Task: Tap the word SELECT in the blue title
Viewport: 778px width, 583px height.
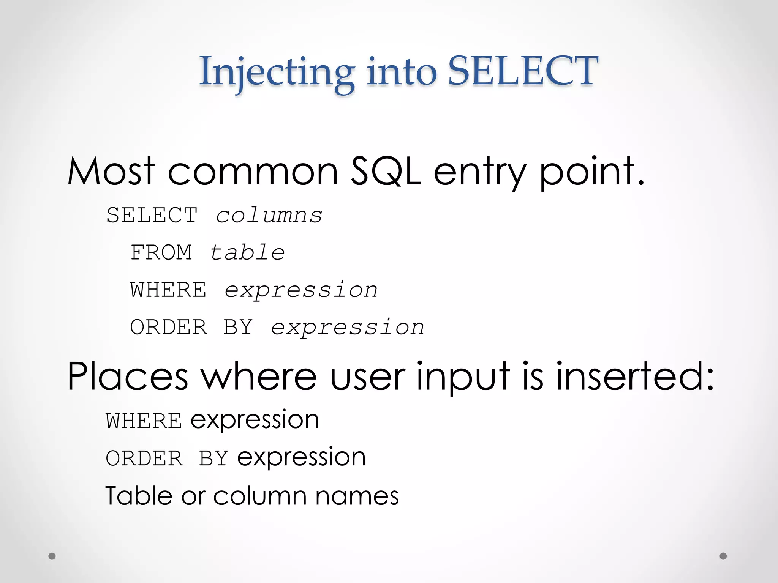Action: click(523, 71)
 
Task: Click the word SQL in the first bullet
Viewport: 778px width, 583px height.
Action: click(385, 172)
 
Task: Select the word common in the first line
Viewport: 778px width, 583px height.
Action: click(253, 172)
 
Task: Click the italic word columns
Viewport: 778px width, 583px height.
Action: click(269, 216)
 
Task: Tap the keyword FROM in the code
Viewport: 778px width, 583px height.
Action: click(161, 253)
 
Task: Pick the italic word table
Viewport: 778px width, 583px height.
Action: click(247, 253)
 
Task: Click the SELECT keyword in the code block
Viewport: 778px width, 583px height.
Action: click(152, 216)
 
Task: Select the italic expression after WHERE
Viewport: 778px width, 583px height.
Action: click(301, 290)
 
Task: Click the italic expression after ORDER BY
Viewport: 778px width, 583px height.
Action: click(347, 328)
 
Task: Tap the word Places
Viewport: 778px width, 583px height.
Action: click(128, 377)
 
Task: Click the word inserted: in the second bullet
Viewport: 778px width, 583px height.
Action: click(635, 377)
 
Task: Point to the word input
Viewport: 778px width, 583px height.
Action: click(463, 378)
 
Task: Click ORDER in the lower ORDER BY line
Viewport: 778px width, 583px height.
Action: click(144, 459)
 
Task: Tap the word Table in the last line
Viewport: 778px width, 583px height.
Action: click(139, 496)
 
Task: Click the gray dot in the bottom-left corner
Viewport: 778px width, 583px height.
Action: click(52, 556)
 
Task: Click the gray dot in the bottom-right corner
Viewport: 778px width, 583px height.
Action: click(723, 556)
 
